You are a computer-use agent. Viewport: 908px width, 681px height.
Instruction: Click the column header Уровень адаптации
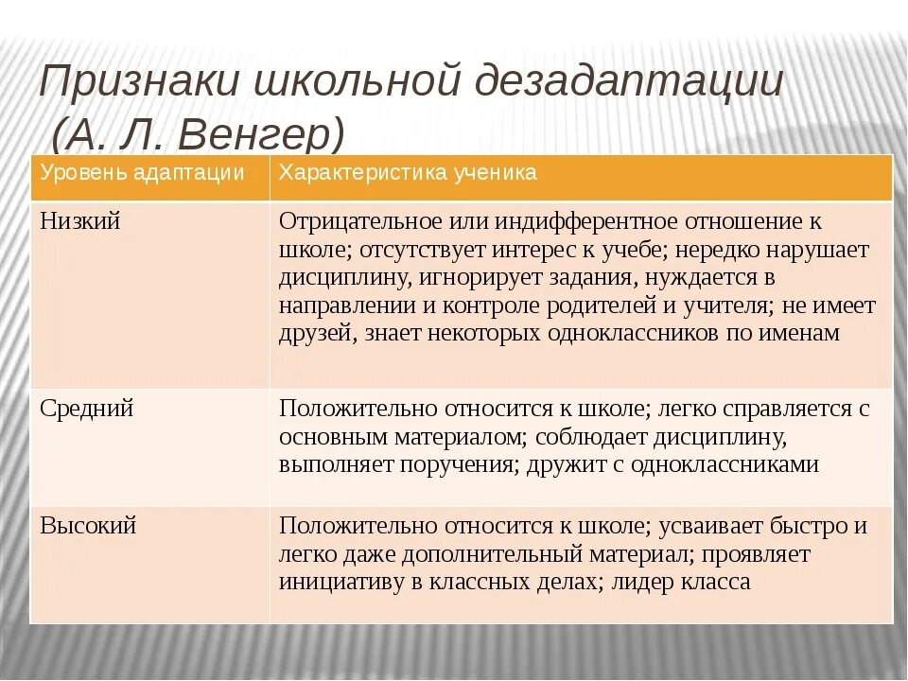pos(142,173)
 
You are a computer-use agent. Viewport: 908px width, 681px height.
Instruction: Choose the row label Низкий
pos(80,221)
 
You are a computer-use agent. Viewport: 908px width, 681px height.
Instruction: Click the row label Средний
pos(87,409)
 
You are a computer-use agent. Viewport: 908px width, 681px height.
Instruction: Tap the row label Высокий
pos(88,526)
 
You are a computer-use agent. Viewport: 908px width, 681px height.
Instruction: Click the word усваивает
pos(698,526)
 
